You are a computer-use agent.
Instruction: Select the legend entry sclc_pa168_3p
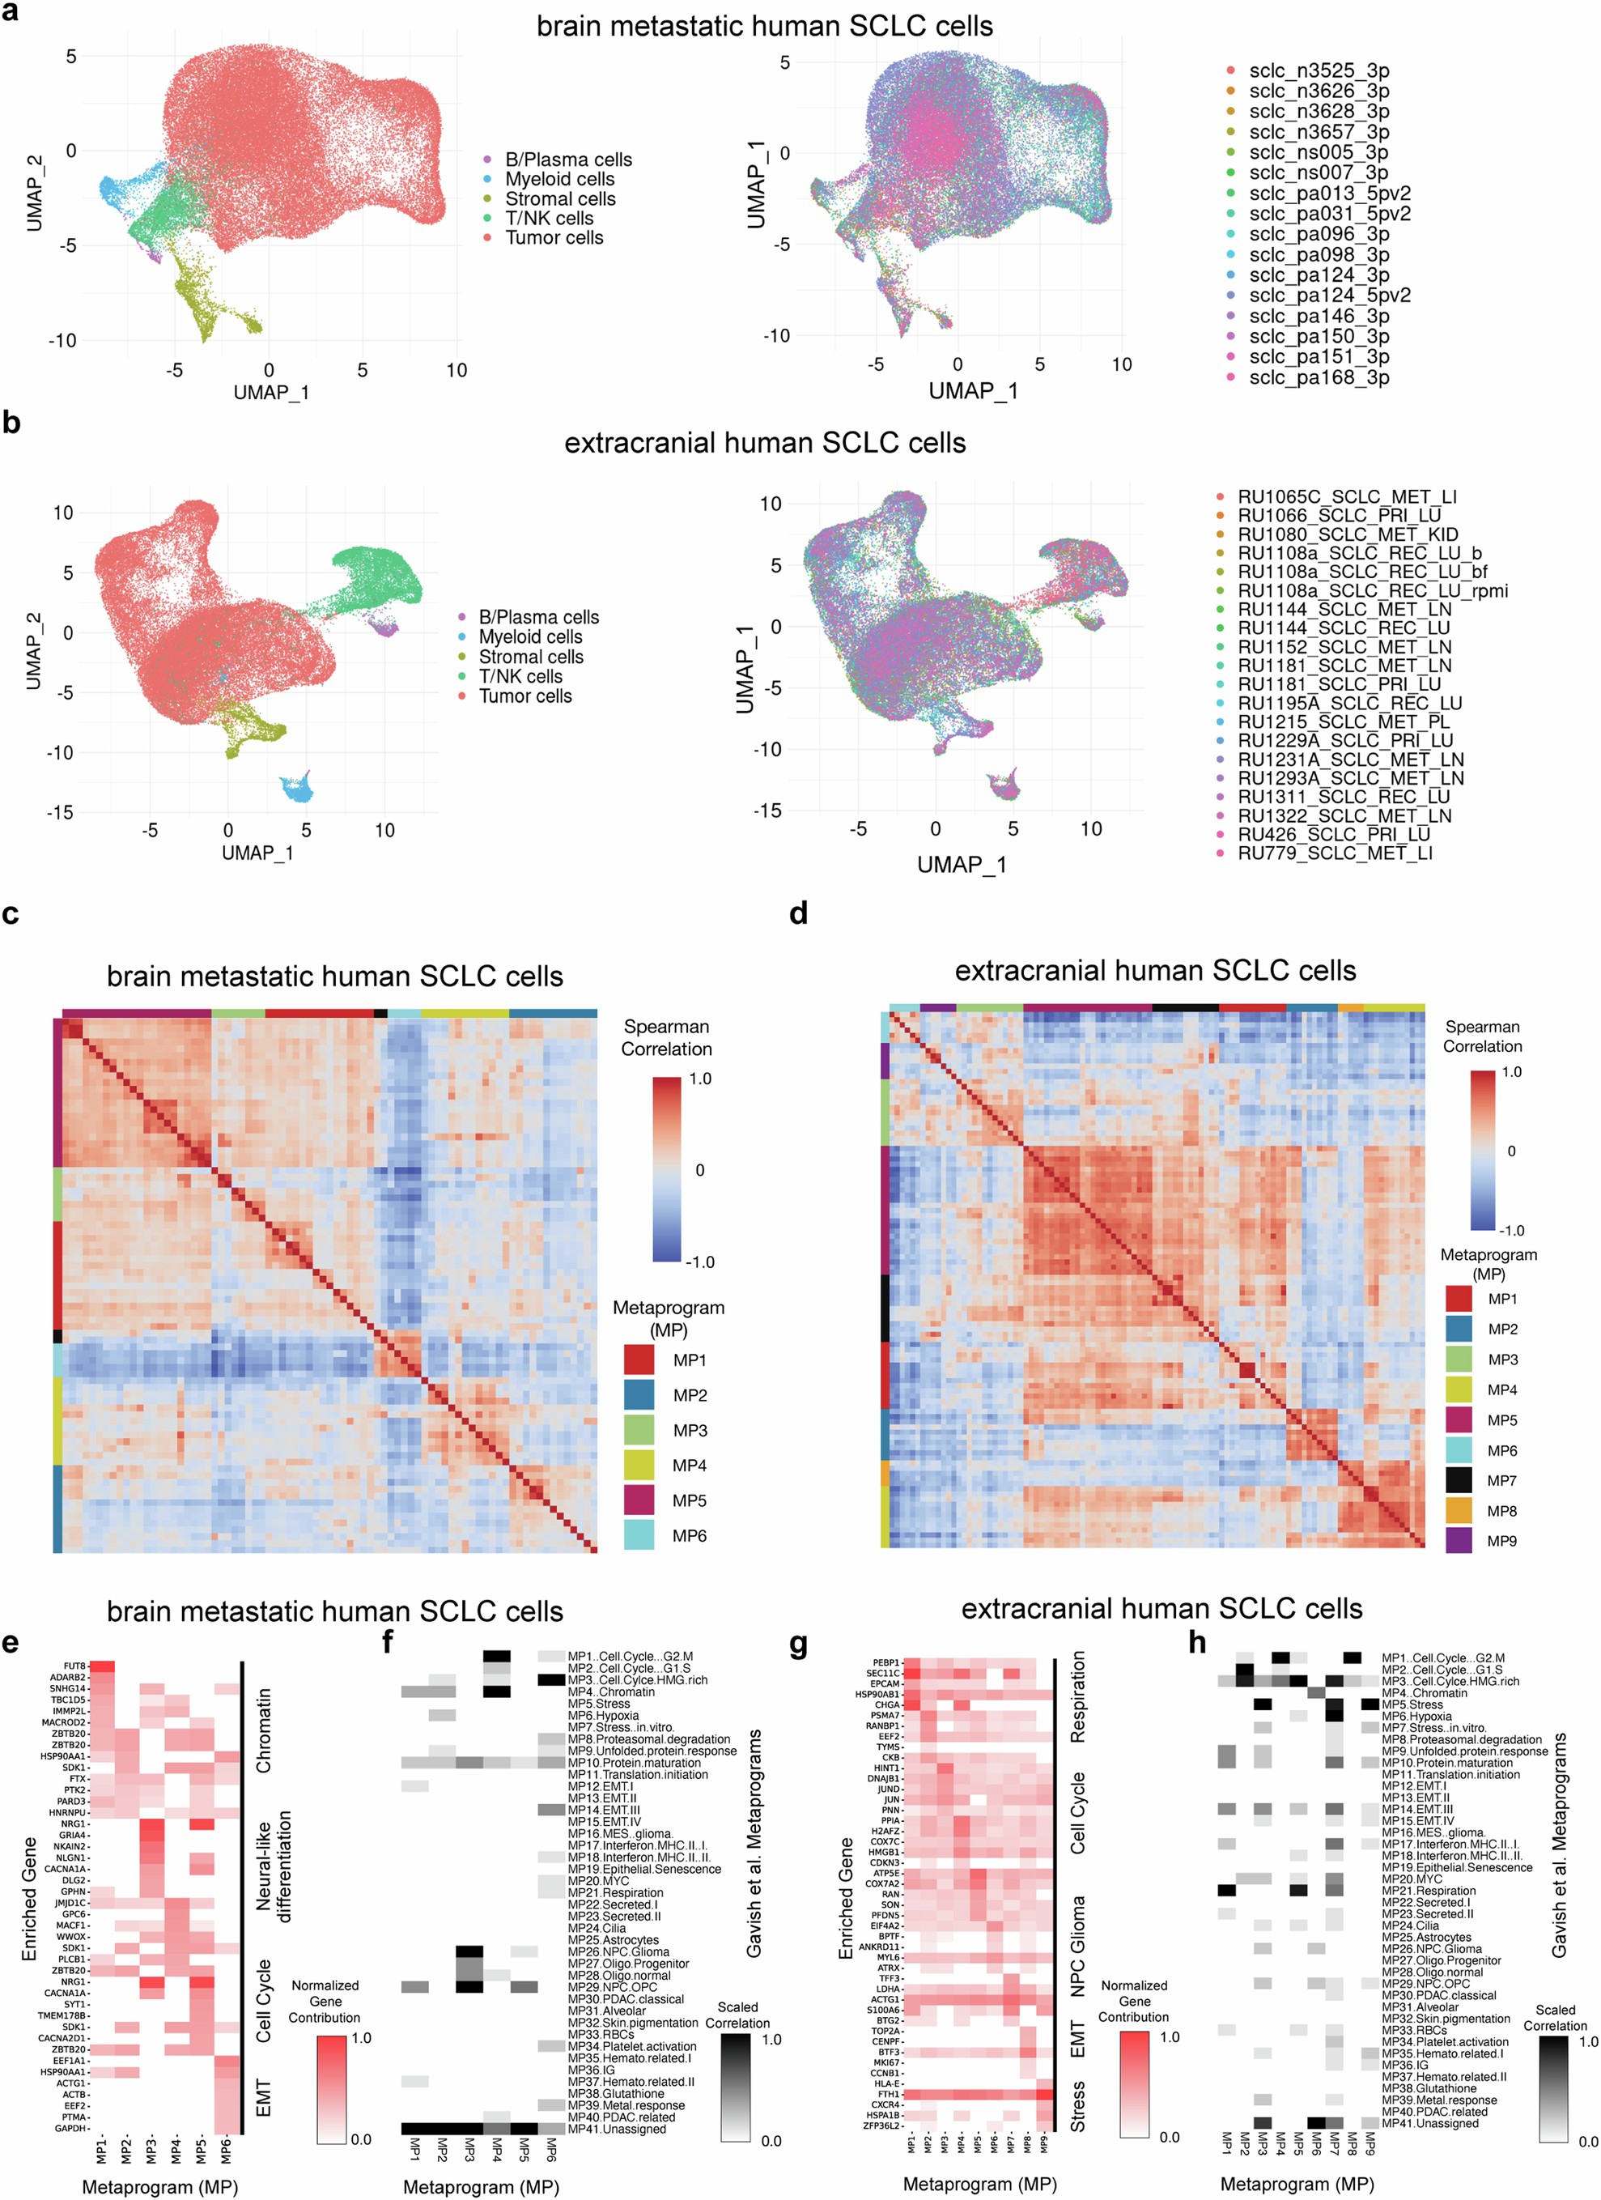tap(1318, 377)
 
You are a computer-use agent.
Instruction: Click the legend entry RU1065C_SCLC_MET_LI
tap(1346, 496)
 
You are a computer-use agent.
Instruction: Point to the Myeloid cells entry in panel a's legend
tap(558, 178)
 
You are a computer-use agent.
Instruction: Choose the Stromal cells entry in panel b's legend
tap(530, 657)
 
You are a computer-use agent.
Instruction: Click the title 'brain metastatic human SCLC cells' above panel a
tap(764, 26)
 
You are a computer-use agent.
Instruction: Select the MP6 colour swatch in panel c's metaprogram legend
tap(638, 1534)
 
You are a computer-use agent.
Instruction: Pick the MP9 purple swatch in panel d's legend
tap(1458, 1540)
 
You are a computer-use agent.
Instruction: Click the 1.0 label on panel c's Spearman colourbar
tap(699, 1079)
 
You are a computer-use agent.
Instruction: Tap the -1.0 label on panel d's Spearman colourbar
tap(1512, 1230)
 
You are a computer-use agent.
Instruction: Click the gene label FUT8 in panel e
tap(74, 1666)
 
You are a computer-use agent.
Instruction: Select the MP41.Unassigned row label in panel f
tap(617, 2128)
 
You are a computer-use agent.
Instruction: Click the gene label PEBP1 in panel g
tap(885, 1662)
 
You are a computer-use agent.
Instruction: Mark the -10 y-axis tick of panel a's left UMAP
tap(62, 340)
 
